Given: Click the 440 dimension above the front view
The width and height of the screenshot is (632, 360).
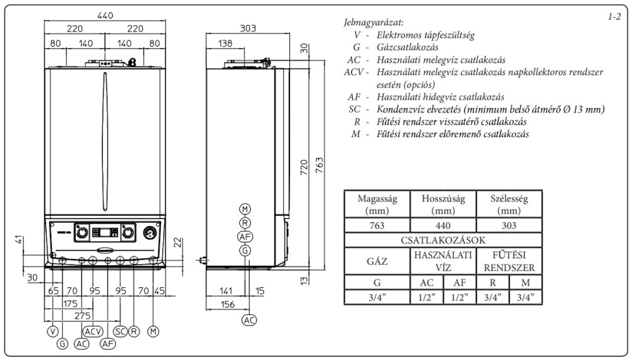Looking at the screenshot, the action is click(x=105, y=15).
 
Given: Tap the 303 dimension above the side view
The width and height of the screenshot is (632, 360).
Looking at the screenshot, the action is click(x=248, y=28).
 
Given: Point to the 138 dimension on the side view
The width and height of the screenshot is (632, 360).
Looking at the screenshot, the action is click(x=226, y=43).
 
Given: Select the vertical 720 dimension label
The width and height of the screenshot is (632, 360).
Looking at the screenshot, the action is click(x=305, y=167).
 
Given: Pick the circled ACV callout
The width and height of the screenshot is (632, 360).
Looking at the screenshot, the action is click(x=93, y=332).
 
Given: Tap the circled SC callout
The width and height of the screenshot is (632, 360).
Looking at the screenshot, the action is click(x=121, y=332).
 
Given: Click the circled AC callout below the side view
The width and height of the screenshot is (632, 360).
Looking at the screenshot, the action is click(x=249, y=320).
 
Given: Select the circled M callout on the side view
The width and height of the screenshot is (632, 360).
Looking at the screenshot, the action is click(x=245, y=209).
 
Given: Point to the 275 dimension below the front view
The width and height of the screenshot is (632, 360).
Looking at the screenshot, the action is click(x=83, y=316).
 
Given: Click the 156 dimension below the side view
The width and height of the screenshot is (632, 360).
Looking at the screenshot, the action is click(x=228, y=304).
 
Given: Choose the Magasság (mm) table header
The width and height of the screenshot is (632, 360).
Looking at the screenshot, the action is click(x=377, y=205).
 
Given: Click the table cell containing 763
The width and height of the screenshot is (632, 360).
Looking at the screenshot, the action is click(x=377, y=225).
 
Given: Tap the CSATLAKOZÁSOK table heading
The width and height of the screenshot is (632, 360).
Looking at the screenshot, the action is click(x=443, y=241).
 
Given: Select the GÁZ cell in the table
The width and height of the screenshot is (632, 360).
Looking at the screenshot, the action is click(x=377, y=261).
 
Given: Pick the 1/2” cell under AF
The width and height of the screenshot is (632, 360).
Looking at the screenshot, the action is click(x=460, y=297).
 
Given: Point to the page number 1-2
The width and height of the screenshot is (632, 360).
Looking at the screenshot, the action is click(x=615, y=16).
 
